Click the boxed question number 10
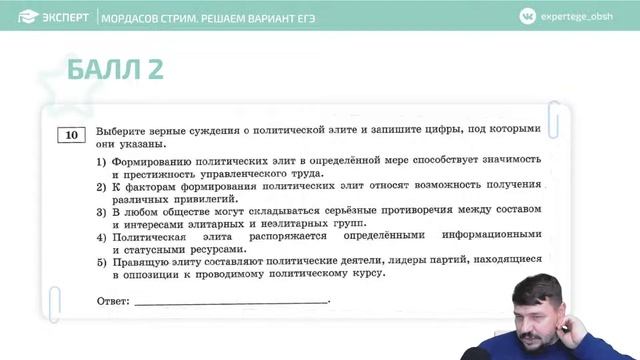[x=71, y=135]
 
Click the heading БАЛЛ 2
[x=114, y=69]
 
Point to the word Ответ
[x=112, y=300]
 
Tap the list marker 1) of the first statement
[x=101, y=160]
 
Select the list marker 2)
[x=101, y=186]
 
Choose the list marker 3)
[x=101, y=211]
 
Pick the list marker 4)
[x=101, y=236]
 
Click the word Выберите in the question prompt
[x=125, y=130]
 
